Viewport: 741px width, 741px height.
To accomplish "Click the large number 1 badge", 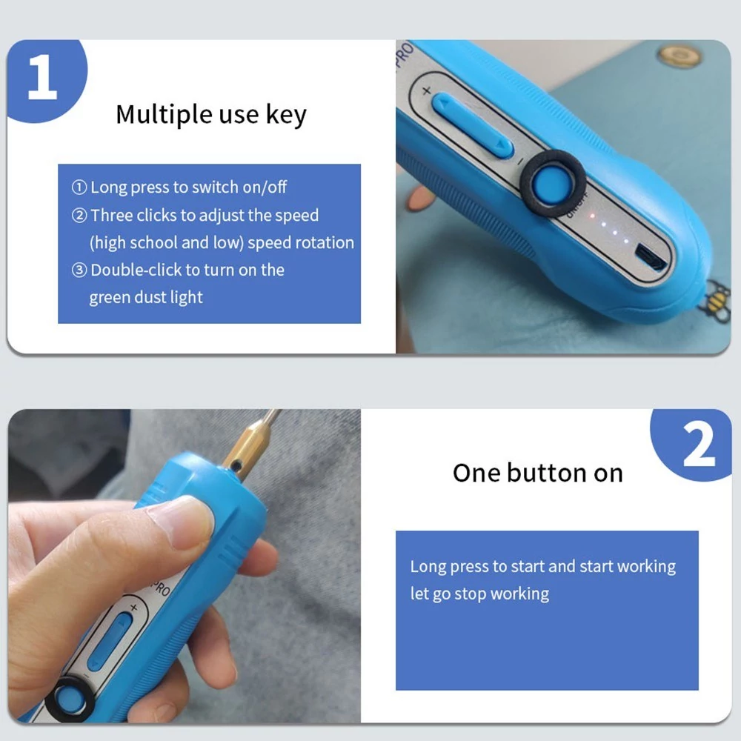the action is pos(46,78).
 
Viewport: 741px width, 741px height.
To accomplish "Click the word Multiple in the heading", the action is pos(164,115).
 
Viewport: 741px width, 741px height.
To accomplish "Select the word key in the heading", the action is pos(286,115).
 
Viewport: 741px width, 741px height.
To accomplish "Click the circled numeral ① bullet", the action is pos(79,187).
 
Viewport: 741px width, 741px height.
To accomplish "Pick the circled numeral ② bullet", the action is pos(79,216).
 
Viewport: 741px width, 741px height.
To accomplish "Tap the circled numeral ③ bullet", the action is pos(79,270).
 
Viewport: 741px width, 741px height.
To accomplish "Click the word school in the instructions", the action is pos(153,242).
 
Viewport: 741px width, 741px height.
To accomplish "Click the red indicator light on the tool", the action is pos(591,216).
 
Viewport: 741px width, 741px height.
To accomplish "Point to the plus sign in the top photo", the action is pos(426,90).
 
